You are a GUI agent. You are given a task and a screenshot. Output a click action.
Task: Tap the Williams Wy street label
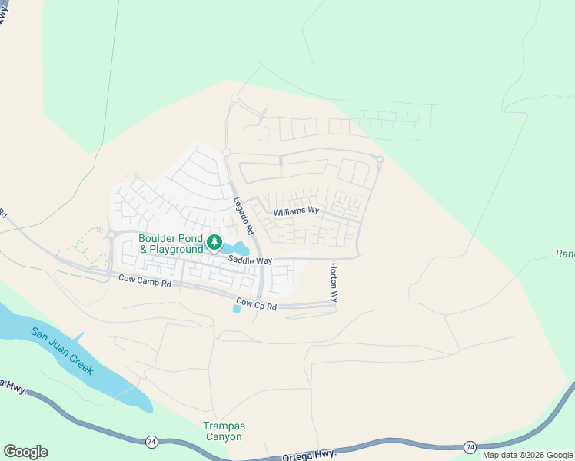tap(296, 210)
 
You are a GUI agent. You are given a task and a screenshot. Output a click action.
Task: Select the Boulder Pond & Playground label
tap(171, 244)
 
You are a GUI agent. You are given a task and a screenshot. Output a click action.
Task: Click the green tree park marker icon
tap(214, 244)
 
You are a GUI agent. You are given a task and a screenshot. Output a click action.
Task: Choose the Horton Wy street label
tap(334, 282)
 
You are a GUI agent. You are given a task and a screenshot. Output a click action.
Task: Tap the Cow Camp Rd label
tap(144, 283)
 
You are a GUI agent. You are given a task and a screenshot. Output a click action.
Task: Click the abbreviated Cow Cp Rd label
tap(255, 303)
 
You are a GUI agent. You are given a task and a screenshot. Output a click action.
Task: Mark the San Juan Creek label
tap(61, 351)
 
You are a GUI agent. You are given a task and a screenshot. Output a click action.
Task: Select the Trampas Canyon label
tap(222, 431)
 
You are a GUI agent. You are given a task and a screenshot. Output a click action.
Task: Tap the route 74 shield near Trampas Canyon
tap(151, 442)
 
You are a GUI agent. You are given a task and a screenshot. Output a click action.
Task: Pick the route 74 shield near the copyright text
tap(469, 446)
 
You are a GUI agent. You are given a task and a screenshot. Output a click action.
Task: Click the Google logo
tap(25, 452)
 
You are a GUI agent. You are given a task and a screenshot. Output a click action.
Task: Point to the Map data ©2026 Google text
tap(527, 455)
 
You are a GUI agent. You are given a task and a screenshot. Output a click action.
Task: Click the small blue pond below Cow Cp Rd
tap(236, 308)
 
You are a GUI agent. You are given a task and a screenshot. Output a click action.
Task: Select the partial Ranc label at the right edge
tap(565, 254)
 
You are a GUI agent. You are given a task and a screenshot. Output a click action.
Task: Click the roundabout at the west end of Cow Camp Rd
tap(111, 235)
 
